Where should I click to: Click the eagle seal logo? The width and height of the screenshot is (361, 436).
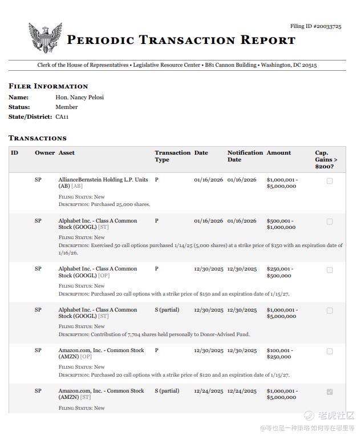tap(45, 38)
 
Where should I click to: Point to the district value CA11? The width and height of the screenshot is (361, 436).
tap(62, 116)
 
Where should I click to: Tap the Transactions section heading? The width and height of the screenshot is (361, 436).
tap(38, 138)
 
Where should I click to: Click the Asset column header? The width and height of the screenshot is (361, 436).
tap(67, 153)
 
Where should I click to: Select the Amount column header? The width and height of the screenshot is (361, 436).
tap(278, 153)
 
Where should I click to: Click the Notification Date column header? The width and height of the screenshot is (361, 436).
tap(245, 156)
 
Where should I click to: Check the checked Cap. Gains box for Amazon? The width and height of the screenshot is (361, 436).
tap(330, 392)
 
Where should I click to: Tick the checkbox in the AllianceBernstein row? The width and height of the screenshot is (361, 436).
tap(330, 181)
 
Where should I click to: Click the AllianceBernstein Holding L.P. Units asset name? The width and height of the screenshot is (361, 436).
tap(103, 180)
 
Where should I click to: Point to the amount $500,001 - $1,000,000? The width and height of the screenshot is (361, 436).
tap(281, 224)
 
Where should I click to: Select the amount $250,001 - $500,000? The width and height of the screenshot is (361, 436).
tap(281, 272)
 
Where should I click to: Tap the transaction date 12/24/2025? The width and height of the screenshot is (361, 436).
tap(208, 391)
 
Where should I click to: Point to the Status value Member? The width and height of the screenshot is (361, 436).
tap(66, 107)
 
